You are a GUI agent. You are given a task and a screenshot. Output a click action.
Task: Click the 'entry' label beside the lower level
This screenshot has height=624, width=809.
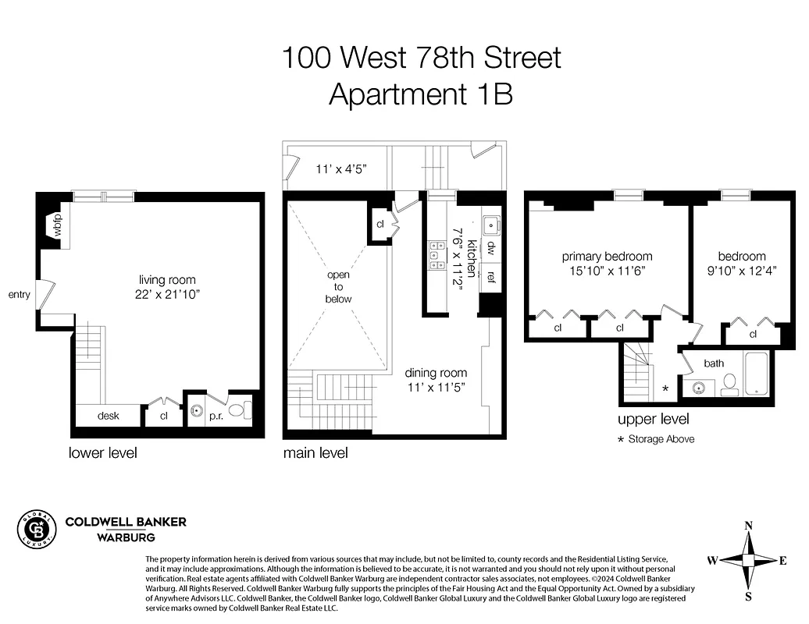tap(19, 295)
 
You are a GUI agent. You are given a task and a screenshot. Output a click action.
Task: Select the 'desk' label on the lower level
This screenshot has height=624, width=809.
tap(108, 416)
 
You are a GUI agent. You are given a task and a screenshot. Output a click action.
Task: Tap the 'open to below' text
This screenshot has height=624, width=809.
tap(339, 286)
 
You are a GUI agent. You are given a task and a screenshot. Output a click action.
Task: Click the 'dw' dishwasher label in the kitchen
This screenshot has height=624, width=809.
tap(490, 248)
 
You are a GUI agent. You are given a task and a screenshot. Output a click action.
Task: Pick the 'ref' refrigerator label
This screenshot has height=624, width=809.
tap(490, 277)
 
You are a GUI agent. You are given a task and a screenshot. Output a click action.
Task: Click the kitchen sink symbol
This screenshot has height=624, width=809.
tap(491, 225)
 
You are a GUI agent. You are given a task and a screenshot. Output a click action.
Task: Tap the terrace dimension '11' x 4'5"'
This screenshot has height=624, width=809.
tap(341, 169)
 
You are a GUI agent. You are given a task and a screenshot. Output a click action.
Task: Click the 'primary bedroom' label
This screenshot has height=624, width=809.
tap(607, 257)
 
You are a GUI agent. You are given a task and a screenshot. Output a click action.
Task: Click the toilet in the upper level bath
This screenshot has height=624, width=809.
tap(730, 384)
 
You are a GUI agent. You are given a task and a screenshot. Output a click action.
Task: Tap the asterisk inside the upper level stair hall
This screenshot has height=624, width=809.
tap(665, 388)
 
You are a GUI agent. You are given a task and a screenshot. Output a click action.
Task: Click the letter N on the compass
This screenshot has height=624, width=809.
tap(748, 526)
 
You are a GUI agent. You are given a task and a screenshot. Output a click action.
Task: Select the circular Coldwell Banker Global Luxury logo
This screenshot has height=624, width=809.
tap(36, 530)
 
